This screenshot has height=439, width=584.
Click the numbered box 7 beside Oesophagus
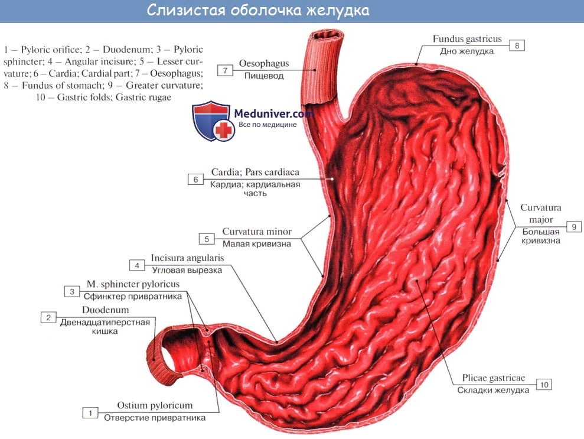click(x=226, y=70)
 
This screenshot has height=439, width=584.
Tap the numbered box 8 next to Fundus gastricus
click(x=517, y=45)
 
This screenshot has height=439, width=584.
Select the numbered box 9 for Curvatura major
click(x=573, y=226)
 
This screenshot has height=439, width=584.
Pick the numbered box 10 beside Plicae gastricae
click(x=544, y=385)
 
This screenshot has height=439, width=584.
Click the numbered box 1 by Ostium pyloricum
click(x=90, y=413)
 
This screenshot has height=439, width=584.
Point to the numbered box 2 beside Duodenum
click(x=48, y=317)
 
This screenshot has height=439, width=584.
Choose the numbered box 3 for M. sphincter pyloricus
click(x=72, y=291)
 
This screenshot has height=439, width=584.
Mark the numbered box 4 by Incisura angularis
click(x=137, y=265)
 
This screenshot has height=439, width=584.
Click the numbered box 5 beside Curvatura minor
click(x=207, y=239)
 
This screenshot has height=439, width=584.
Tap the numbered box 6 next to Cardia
click(x=195, y=180)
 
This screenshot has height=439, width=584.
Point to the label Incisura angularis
click(x=187, y=259)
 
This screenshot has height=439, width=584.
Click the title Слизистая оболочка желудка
click(x=258, y=11)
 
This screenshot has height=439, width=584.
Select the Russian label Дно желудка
click(x=466, y=51)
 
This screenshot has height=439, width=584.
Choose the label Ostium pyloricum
click(x=155, y=406)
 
